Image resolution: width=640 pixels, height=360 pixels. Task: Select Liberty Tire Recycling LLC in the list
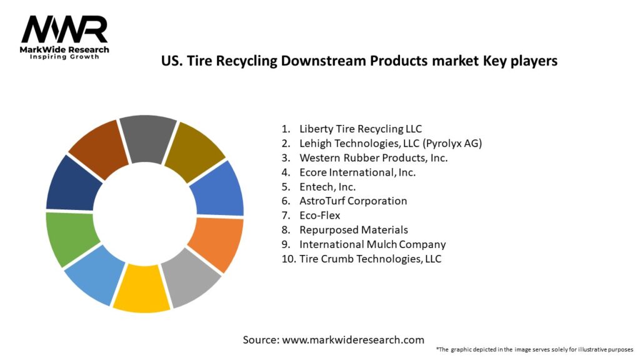[361, 129]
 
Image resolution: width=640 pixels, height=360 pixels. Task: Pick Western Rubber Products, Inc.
[373, 157]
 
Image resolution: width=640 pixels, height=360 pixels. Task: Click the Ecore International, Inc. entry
[357, 172]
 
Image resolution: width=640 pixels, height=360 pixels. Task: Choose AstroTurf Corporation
[353, 201]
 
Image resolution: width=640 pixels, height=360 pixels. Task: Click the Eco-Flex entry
[319, 215]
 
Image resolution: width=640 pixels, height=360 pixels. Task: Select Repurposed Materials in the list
[354, 229]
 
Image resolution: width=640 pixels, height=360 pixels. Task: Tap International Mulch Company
[372, 244]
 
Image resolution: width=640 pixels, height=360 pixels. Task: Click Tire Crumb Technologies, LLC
[370, 258]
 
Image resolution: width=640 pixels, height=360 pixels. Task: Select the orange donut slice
[216, 244]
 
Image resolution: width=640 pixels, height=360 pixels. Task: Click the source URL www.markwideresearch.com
[352, 340]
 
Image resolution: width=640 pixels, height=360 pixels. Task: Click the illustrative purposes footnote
[534, 349]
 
